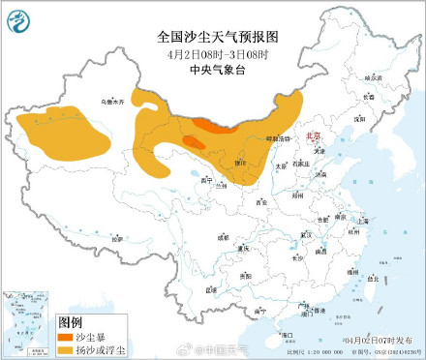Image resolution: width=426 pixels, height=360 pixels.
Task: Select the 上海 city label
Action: coord(362,222)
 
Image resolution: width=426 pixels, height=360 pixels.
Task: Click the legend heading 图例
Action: coord(71,320)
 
